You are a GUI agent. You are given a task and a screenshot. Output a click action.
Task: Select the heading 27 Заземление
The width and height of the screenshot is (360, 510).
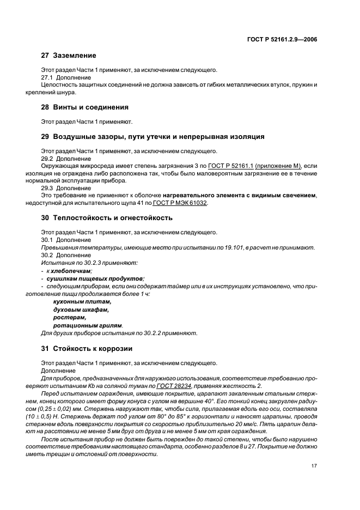point(69,56)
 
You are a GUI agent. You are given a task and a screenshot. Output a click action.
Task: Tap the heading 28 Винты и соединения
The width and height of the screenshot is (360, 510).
point(84,107)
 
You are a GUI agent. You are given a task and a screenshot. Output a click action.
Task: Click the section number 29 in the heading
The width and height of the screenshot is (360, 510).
point(46,136)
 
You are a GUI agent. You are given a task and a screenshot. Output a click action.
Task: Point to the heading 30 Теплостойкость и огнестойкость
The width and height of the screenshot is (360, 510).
point(107,217)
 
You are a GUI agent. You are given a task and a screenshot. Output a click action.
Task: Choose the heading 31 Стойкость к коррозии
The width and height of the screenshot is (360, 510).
point(86,348)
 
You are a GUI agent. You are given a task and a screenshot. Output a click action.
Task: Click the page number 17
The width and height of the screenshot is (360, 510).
point(314,466)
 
